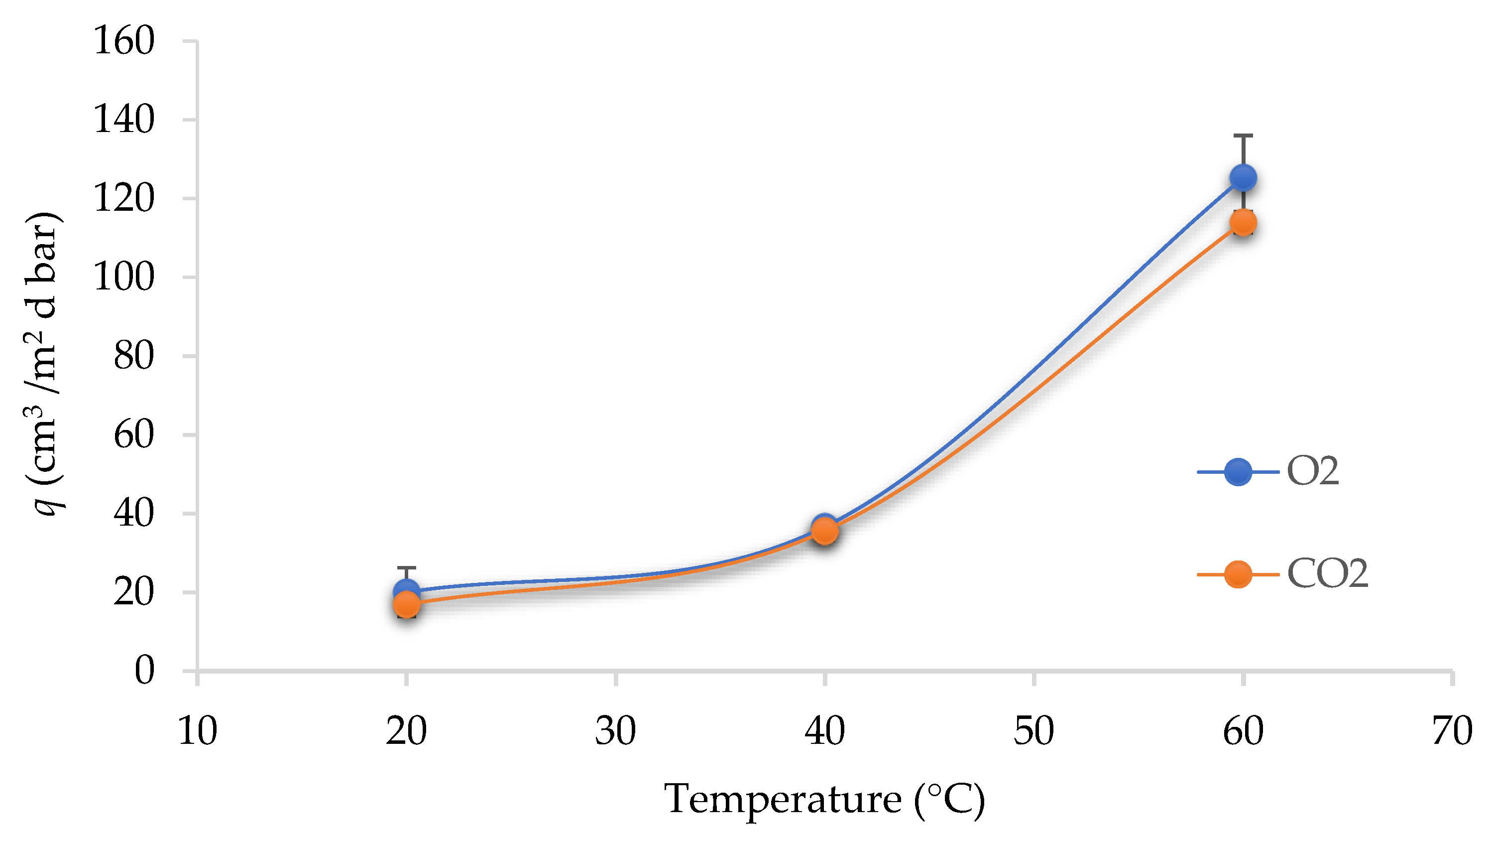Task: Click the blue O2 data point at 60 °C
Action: [1243, 178]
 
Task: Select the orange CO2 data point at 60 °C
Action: [1243, 222]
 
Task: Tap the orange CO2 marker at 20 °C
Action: [407, 604]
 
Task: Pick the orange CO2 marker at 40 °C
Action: [825, 531]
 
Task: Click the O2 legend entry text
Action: [1312, 472]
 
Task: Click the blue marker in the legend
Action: [1238, 472]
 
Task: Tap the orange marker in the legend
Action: [1238, 574]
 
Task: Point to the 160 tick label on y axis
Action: [124, 41]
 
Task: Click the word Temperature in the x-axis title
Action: [782, 799]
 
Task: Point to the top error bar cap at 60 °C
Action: [1243, 136]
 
